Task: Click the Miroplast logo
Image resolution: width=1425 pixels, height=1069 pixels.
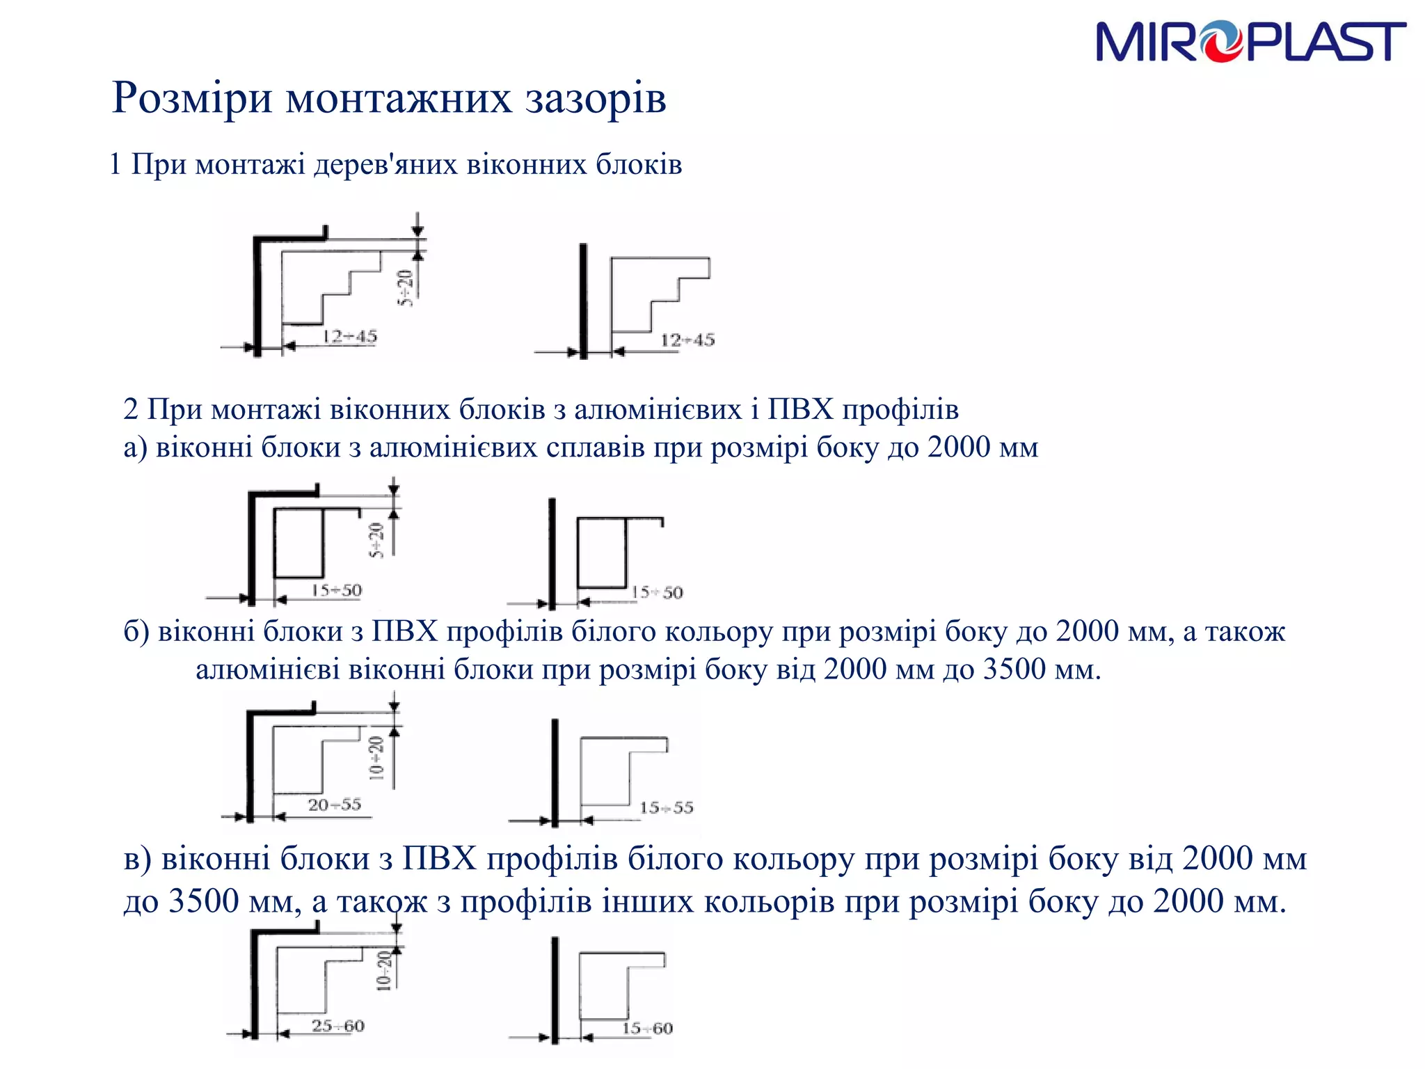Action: (1250, 42)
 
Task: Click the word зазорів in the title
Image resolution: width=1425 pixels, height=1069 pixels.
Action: (596, 97)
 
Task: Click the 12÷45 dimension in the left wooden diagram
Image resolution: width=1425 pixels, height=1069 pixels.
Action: (349, 337)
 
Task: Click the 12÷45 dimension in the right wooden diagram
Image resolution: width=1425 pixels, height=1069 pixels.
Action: (687, 340)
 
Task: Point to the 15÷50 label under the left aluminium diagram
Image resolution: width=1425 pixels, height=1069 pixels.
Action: (336, 591)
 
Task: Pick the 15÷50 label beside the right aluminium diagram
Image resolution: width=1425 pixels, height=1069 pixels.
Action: (657, 593)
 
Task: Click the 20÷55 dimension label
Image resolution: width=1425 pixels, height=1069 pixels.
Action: (335, 805)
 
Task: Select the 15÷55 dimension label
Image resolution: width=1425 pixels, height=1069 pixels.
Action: (667, 808)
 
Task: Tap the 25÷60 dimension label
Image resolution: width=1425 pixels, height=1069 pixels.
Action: (338, 1026)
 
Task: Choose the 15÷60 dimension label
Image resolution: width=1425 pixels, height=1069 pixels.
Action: (647, 1029)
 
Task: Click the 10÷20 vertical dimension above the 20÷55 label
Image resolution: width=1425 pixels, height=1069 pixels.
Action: (376, 758)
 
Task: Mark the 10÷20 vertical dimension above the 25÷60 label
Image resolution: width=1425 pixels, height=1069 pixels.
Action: (383, 970)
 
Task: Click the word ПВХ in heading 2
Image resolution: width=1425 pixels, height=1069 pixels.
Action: (800, 409)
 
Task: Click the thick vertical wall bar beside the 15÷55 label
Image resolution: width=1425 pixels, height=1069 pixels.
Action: (555, 773)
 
